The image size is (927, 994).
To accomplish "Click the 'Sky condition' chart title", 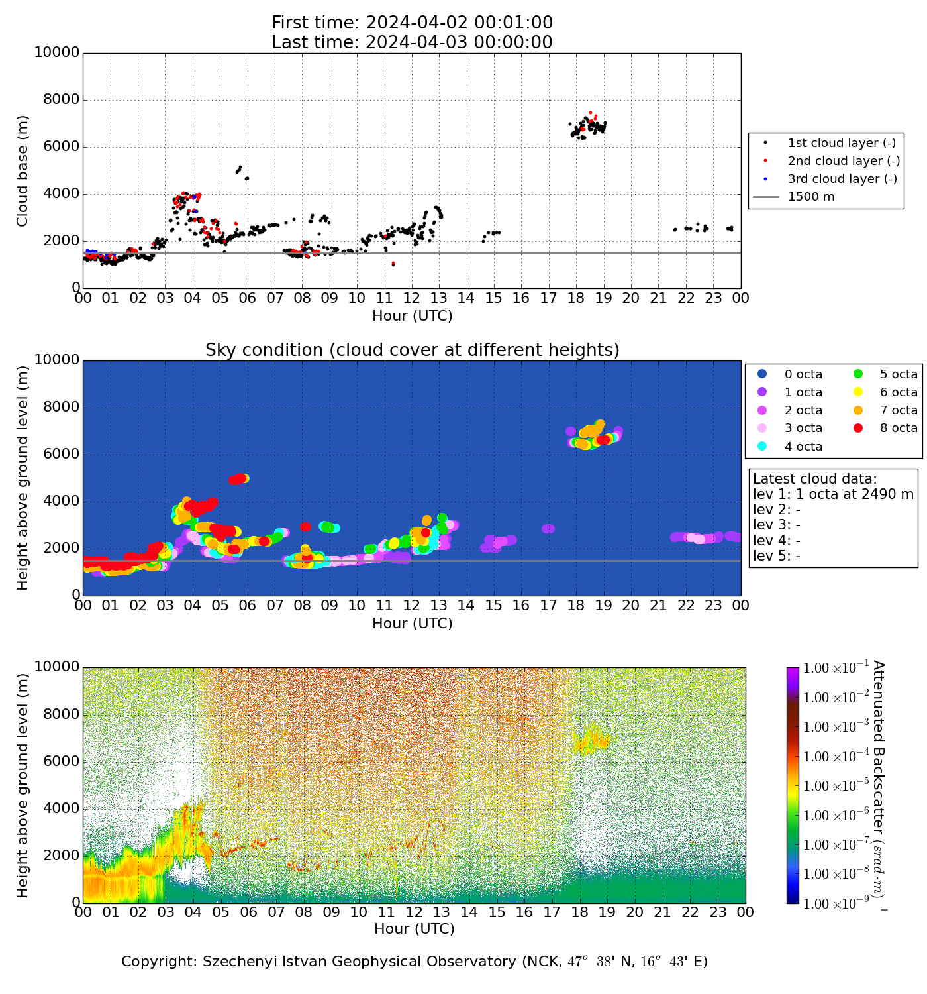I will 412,350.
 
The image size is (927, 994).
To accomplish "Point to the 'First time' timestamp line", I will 412,23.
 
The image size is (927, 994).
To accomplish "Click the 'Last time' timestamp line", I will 412,42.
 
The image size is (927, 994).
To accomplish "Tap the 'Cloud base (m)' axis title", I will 23,171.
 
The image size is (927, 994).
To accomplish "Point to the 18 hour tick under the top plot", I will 575,298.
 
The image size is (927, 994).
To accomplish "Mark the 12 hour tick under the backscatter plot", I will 414,912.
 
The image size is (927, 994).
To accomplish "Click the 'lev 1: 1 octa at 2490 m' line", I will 833,494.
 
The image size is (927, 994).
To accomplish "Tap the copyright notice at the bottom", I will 414,962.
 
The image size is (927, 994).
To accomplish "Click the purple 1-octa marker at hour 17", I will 548,529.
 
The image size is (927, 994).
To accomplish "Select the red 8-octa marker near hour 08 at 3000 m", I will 305,527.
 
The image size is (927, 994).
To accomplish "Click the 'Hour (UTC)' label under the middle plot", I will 412,624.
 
